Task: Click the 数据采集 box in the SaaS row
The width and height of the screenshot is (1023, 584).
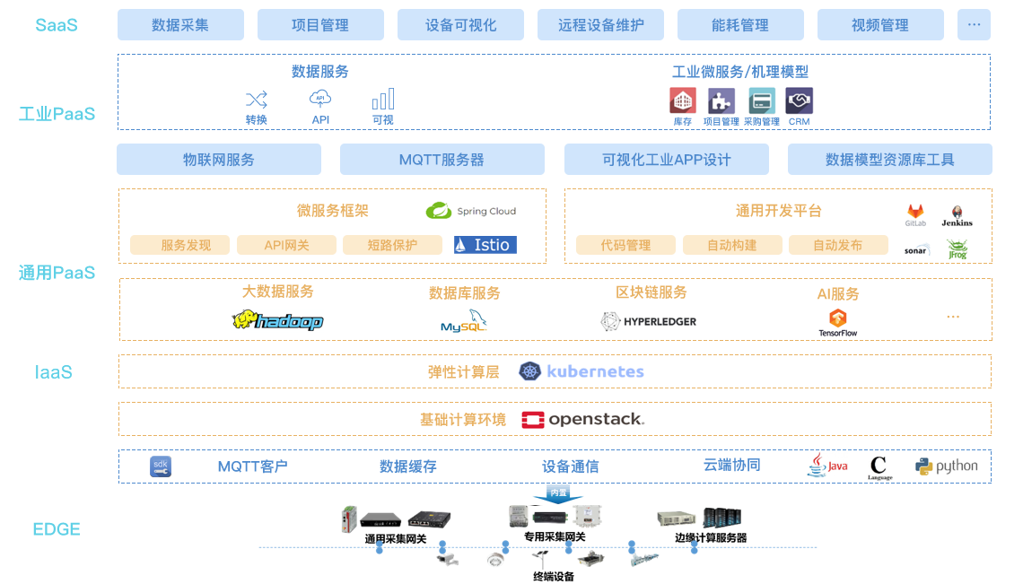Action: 180,25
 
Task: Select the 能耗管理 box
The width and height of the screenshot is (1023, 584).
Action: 740,25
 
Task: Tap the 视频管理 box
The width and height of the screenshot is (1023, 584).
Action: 880,25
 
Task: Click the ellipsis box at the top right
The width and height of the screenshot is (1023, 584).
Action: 974,25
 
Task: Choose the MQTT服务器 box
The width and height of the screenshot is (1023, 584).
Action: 442,160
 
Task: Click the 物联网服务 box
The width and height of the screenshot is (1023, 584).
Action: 219,160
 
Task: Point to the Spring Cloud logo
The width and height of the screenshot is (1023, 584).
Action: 471,211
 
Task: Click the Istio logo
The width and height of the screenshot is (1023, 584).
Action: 485,245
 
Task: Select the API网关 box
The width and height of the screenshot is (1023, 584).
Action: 286,245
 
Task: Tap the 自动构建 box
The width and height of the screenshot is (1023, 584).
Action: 732,245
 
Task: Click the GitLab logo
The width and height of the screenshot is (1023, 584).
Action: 915,216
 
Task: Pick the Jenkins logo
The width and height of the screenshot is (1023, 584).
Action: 957,216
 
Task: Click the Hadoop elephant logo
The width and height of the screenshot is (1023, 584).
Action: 277,321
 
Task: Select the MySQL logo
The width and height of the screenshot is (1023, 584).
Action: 465,321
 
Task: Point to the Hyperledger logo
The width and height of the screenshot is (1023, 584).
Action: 649,322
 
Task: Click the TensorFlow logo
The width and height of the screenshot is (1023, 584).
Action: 838,322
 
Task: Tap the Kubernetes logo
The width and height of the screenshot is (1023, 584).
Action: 581,371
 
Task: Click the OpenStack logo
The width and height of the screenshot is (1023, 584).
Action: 584,419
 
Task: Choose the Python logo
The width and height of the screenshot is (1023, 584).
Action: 946,466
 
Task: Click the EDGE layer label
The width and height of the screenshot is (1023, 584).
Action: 57,529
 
